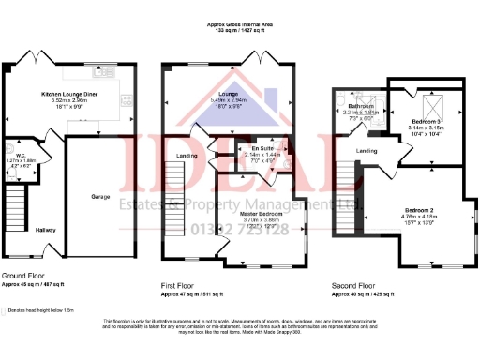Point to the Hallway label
pyautogui.click(x=46, y=229)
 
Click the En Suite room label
pyautogui.click(x=249, y=148)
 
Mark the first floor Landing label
pyautogui.click(x=187, y=156)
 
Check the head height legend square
pyautogui.click(x=7, y=307)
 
